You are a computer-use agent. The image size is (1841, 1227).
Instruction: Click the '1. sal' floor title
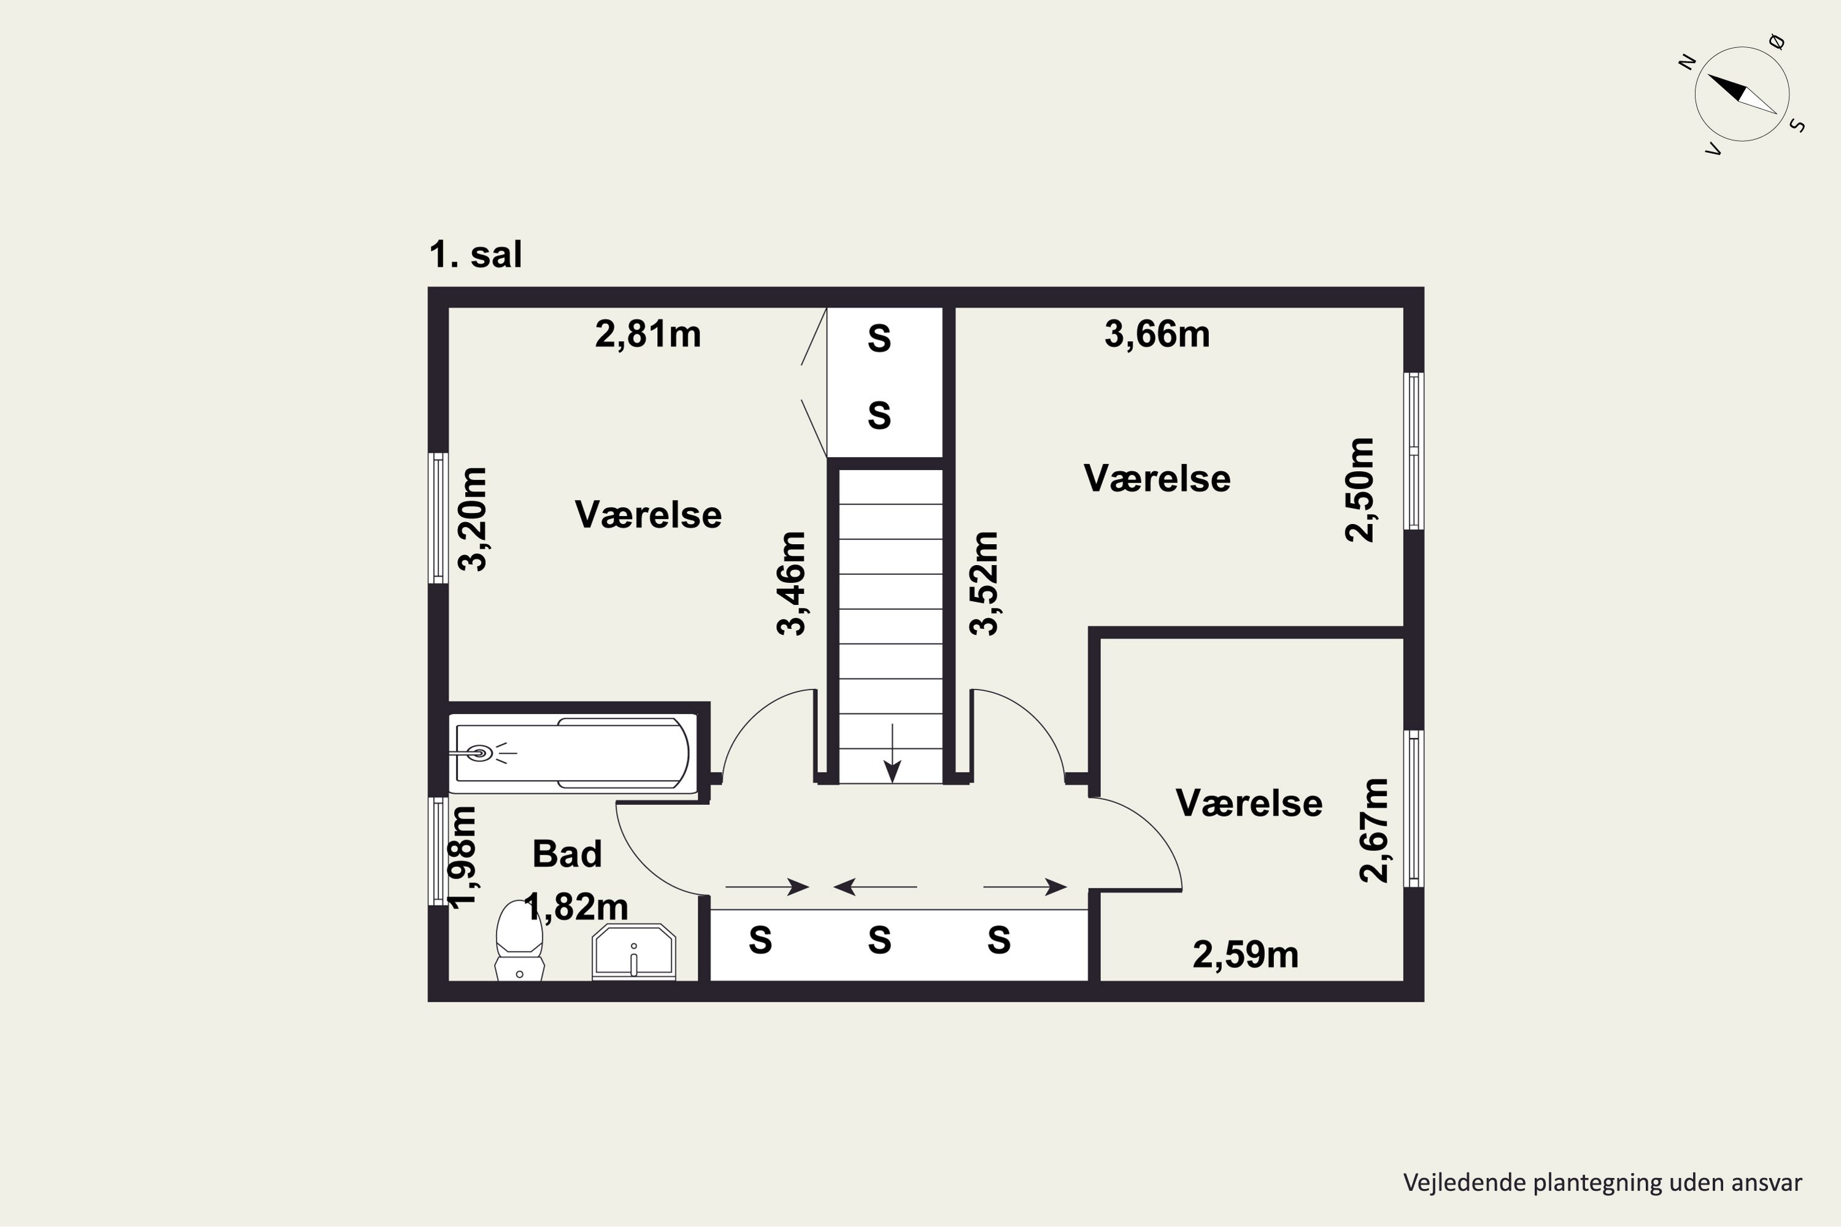[x=475, y=255]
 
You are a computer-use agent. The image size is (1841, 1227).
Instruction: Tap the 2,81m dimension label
[x=648, y=335]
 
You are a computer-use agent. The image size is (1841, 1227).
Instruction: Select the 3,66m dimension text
[x=1157, y=335]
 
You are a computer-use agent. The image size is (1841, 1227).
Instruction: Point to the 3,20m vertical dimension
[x=473, y=519]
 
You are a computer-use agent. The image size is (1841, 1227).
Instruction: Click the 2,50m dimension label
[x=1360, y=490]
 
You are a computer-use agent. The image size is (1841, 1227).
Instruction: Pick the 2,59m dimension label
[x=1245, y=955]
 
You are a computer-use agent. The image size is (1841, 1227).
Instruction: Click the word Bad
[x=566, y=854]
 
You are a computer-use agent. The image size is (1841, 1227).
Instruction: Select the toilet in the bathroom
[x=519, y=940]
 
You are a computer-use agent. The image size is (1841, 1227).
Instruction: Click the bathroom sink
[x=634, y=952]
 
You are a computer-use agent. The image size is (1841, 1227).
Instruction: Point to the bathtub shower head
[x=479, y=753]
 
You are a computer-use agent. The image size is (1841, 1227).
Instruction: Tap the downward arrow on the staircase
[x=892, y=753]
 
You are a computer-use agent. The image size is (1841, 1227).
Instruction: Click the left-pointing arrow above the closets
[x=875, y=887]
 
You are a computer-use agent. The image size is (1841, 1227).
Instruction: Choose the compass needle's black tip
[x=1708, y=75]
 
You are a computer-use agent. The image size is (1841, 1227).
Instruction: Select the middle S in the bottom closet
[x=879, y=940]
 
